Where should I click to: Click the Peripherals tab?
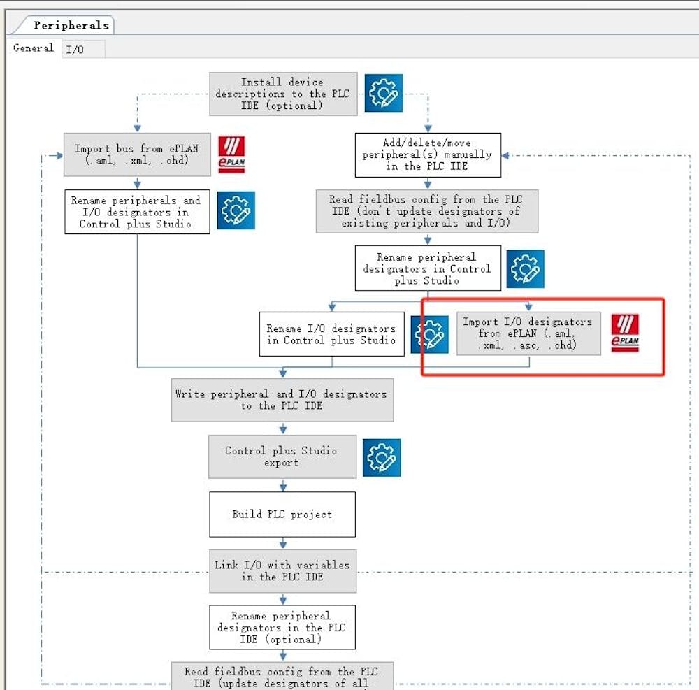click(71, 25)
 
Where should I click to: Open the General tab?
click(33, 48)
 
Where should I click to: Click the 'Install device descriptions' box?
click(283, 94)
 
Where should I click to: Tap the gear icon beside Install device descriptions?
click(383, 92)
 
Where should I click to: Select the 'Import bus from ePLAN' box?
click(137, 154)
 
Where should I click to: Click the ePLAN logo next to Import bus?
click(231, 154)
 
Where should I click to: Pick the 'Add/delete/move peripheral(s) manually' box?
click(428, 154)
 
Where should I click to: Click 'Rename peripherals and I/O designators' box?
click(137, 212)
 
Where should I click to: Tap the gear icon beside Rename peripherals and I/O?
click(236, 210)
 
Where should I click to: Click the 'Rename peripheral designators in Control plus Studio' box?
click(428, 268)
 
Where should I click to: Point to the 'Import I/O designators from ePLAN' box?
click(528, 333)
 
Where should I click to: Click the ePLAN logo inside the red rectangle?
click(625, 332)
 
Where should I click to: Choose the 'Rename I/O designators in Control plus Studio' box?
click(331, 334)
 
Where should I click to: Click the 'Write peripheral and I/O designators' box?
click(282, 400)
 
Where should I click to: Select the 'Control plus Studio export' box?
click(282, 457)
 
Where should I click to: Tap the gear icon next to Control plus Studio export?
click(382, 457)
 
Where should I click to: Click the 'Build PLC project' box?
click(282, 514)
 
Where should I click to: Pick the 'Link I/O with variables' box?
click(282, 570)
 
